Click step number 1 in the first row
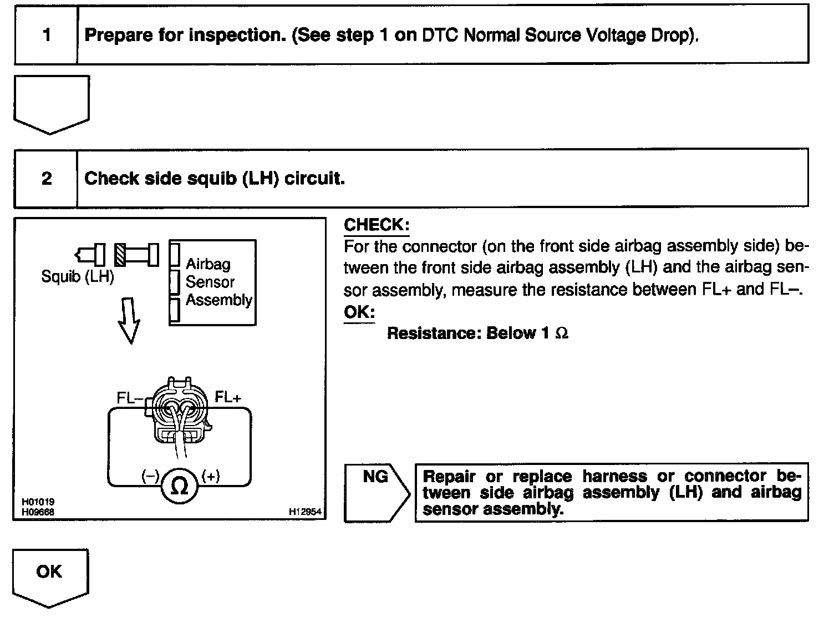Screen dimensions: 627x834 click(47, 36)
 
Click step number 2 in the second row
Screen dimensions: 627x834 click(47, 178)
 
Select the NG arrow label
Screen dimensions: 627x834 click(375, 477)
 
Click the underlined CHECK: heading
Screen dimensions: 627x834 click(377, 225)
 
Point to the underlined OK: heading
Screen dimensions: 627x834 click(359, 312)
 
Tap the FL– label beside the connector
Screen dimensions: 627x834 click(130, 398)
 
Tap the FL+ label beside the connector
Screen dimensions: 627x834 click(228, 397)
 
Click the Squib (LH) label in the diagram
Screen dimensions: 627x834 click(77, 276)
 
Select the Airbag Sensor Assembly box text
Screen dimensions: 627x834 click(218, 282)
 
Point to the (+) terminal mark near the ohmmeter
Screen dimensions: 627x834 click(211, 476)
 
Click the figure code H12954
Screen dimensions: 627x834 click(305, 512)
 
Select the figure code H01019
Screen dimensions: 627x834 click(38, 502)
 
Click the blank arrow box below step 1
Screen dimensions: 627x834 click(51, 103)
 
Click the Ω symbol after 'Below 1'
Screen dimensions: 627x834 click(561, 333)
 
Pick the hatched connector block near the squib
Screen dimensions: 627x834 click(120, 254)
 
